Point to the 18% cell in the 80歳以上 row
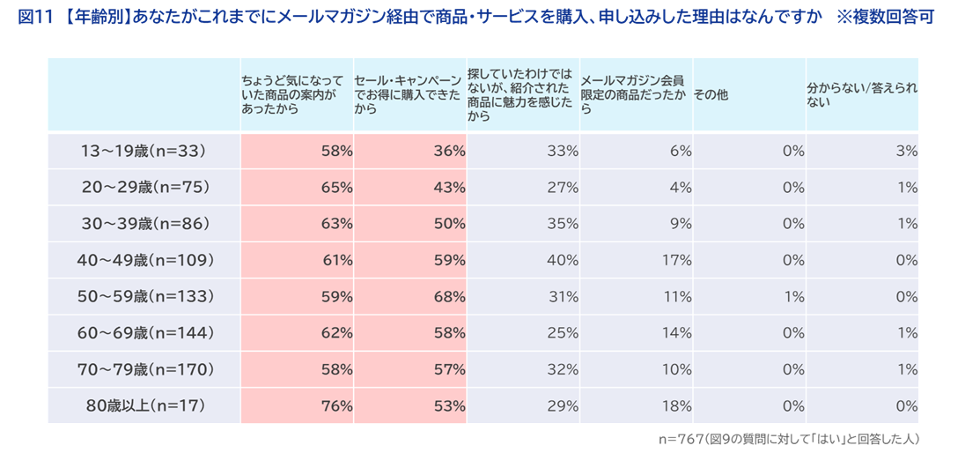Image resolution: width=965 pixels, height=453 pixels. (676, 405)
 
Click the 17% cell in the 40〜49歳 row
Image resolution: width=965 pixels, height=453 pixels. (676, 260)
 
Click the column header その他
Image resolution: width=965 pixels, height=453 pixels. (711, 94)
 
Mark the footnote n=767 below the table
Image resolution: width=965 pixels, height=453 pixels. (788, 438)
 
